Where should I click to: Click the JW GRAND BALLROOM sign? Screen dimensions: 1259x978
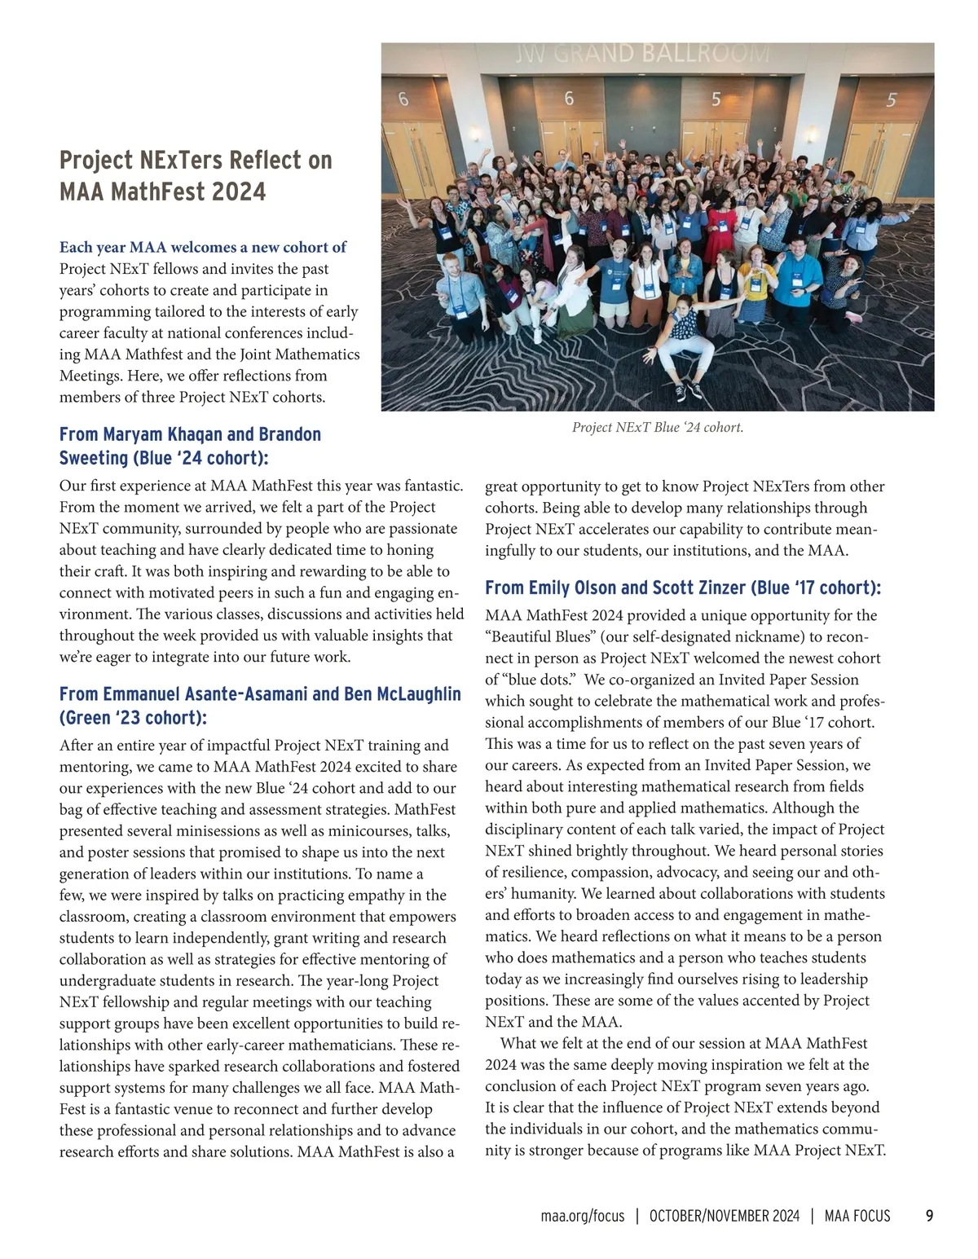(x=642, y=54)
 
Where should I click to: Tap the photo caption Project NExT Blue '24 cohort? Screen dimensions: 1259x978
(x=657, y=427)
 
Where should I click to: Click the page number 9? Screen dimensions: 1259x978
(x=929, y=1216)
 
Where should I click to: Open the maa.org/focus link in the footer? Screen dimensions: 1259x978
(x=582, y=1216)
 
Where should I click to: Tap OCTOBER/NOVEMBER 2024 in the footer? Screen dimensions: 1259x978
(x=725, y=1216)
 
